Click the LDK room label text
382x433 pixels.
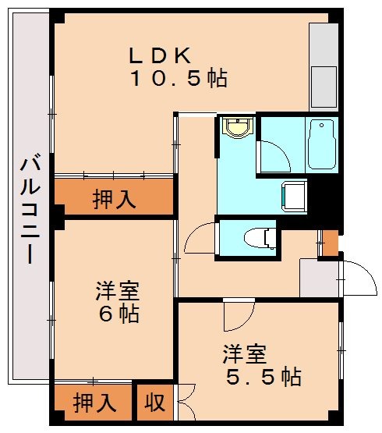pyautogui.click(x=160, y=55)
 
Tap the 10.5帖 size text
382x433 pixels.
pyautogui.click(x=179, y=78)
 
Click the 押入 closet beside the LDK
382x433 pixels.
pyautogui.click(x=114, y=199)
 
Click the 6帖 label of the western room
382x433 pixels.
pyautogui.click(x=118, y=314)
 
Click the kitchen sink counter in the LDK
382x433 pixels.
pyautogui.click(x=321, y=67)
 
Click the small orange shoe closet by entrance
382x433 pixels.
pyautogui.click(x=330, y=243)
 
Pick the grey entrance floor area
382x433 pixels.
pyautogui.click(x=320, y=278)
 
